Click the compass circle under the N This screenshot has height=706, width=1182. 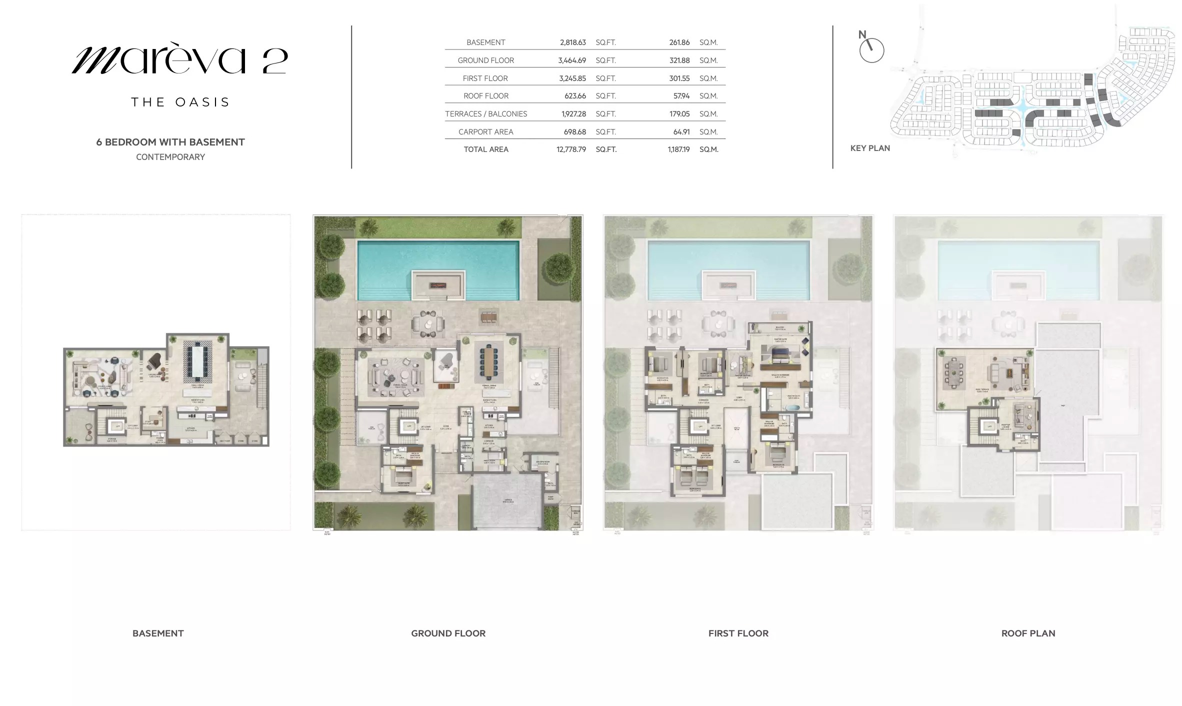(871, 51)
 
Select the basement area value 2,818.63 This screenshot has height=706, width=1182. (572, 42)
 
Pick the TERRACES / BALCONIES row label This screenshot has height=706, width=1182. (486, 114)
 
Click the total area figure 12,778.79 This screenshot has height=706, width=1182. (571, 149)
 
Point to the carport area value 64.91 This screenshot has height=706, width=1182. (679, 132)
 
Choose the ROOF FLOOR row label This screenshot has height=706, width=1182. (486, 96)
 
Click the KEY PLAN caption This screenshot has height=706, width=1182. (870, 148)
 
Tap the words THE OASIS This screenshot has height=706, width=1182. (180, 102)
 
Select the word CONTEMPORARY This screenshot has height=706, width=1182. (170, 157)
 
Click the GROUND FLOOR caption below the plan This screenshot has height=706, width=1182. (448, 633)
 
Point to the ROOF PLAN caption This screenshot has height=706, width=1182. (1028, 633)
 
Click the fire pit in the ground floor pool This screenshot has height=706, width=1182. (438, 285)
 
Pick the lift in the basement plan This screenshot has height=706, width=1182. (118, 426)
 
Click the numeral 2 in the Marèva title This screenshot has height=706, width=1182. (274, 61)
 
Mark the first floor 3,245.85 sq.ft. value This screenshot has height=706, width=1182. (572, 78)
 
